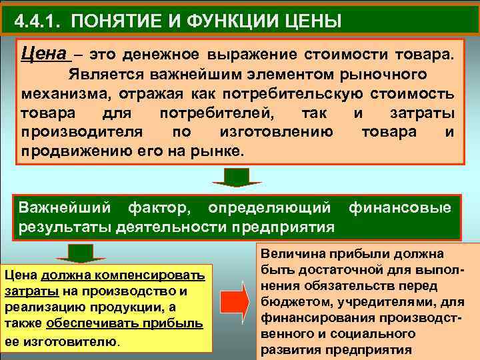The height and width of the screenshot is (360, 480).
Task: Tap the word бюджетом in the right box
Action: tap(291, 302)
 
